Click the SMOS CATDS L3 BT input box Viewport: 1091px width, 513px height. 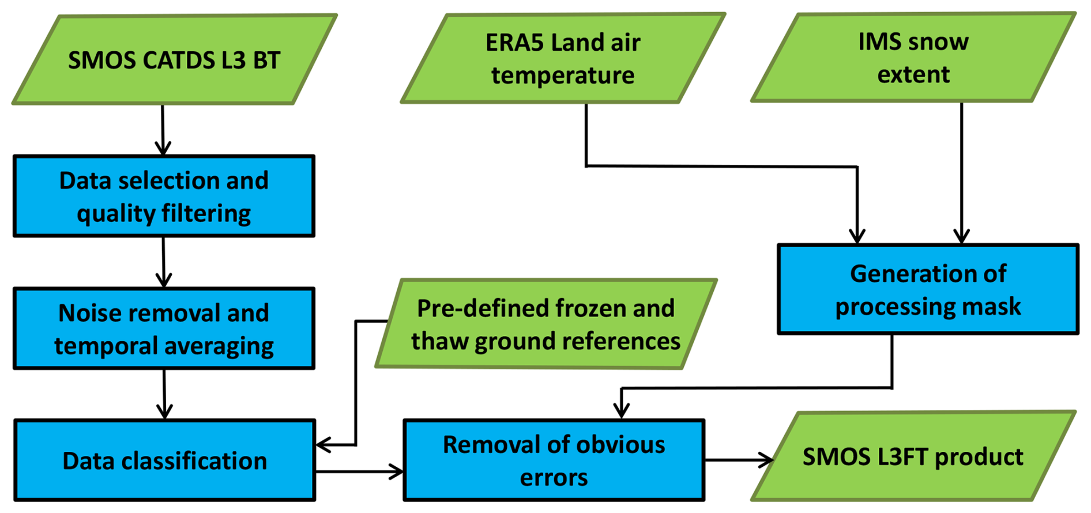pyautogui.click(x=174, y=60)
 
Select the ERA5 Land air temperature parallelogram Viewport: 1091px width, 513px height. pyautogui.click(x=563, y=58)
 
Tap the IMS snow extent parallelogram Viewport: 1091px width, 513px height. pyautogui.click(x=913, y=58)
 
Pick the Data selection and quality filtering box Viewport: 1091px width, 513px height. pyautogui.click(x=164, y=196)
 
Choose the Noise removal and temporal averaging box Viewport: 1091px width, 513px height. pyautogui.click(x=164, y=329)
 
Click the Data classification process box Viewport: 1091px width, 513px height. pyautogui.click(x=164, y=461)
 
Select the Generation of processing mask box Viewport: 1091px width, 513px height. pyautogui.click(x=928, y=289)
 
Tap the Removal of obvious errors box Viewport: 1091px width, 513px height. pyautogui.click(x=554, y=461)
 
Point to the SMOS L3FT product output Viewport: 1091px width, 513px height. pyautogui.click(x=913, y=456)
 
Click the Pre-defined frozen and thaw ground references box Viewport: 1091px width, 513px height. pyautogui.click(x=546, y=324)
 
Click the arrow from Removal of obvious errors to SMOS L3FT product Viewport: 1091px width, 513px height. pyautogui.click(x=740, y=460)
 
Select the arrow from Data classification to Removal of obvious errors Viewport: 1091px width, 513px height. pyautogui.click(x=360, y=472)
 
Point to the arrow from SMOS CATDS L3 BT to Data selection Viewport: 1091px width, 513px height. pyautogui.click(x=163, y=130)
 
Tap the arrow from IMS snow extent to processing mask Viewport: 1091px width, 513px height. pyautogui.click(x=961, y=173)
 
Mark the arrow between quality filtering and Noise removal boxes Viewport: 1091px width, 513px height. pyautogui.click(x=164, y=262)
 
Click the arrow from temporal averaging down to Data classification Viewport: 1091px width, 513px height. pyautogui.click(x=164, y=394)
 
